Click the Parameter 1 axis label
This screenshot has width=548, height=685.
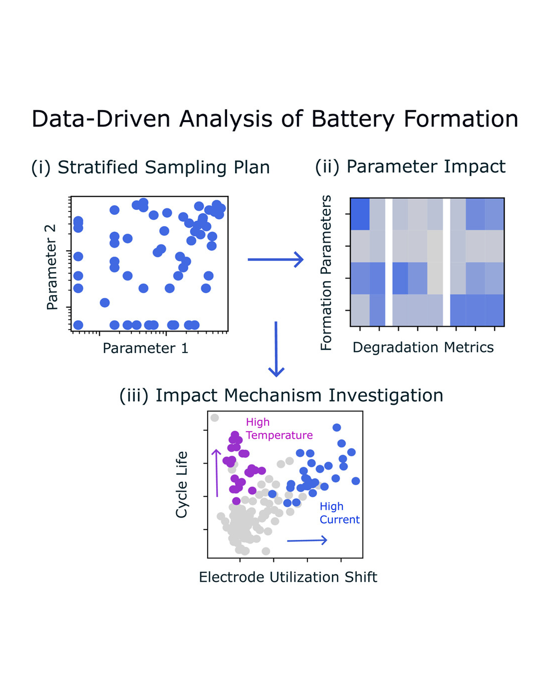point(145,348)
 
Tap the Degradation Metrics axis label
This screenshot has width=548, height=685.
point(423,347)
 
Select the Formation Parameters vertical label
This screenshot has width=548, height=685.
point(326,273)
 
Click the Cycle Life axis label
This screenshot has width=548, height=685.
point(182,484)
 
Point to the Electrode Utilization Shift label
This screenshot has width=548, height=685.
point(288,577)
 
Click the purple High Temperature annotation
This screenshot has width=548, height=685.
point(279,429)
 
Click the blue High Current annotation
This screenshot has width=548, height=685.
point(339,513)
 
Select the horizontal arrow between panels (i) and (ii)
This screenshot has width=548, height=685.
point(276,259)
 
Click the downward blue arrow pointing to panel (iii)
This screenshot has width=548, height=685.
point(276,349)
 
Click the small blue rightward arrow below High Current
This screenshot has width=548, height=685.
point(307,541)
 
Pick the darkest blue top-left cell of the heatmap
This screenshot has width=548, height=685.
point(360,214)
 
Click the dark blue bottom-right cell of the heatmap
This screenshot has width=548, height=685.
point(494,311)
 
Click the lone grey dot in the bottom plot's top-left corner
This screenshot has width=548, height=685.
point(215,418)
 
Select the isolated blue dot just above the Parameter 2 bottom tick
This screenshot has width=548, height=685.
point(105,303)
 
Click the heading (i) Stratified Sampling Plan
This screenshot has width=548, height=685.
point(151,167)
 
